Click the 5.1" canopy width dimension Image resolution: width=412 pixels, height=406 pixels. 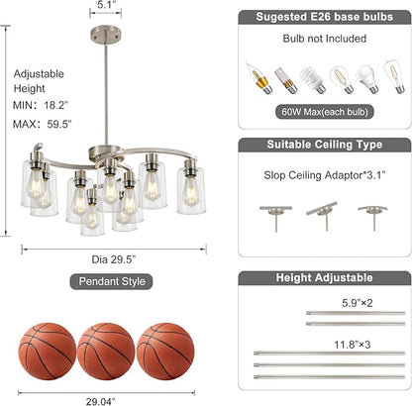tap(105, 5)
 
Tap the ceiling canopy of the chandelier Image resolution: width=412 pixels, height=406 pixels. tap(105, 35)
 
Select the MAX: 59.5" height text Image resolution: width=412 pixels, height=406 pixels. tap(43, 124)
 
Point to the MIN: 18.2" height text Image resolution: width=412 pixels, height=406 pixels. tap(41, 105)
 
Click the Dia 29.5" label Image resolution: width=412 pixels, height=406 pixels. tap(114, 259)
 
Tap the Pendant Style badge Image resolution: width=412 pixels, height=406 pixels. tap(111, 281)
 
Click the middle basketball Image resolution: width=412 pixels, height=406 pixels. tap(106, 352)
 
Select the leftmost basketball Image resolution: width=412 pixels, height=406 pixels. tap(48, 352)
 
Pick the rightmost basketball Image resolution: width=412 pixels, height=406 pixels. tap(165, 352)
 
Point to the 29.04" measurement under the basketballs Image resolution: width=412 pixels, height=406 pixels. tap(101, 402)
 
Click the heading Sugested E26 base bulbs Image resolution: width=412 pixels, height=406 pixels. tap(325, 17)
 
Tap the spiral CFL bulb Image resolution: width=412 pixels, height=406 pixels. tap(312, 79)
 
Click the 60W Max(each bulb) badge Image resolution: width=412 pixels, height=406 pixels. tap(325, 112)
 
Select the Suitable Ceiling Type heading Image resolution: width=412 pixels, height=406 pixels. tap(325, 145)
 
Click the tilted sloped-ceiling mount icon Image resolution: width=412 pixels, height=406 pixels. tap(323, 216)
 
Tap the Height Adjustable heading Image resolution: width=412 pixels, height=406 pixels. tap(325, 277)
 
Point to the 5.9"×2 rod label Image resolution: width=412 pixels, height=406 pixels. tap(358, 303)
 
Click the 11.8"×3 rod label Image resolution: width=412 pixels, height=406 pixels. tap(353, 345)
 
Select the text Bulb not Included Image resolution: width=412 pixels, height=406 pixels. tap(325, 39)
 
